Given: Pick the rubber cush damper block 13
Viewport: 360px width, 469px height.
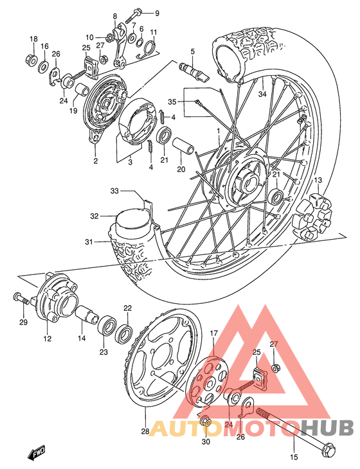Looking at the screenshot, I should tap(313, 212).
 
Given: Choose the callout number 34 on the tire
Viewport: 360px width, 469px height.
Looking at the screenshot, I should tap(262, 94).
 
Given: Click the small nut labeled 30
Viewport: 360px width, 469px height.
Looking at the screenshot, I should tap(206, 421).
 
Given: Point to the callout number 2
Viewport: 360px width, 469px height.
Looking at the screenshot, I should tap(94, 161).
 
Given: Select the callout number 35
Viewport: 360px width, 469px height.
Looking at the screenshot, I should tap(172, 102).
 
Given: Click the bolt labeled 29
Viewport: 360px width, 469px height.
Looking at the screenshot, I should tap(21, 297).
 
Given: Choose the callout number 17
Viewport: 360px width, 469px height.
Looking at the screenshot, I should tap(214, 333).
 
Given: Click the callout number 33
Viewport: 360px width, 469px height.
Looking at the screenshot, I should tap(115, 190).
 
